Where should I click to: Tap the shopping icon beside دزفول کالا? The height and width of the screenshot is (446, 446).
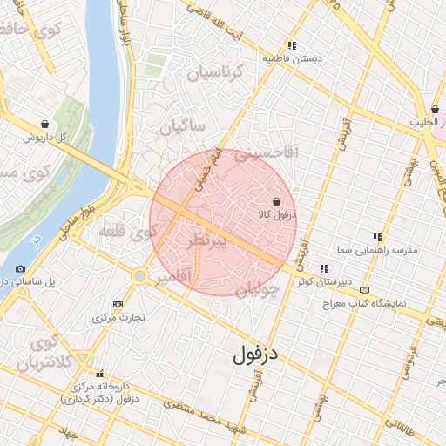coord(276,201)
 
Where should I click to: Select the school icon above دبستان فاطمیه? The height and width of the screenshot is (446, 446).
coord(292,45)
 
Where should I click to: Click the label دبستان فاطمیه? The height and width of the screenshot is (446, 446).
coord(293,58)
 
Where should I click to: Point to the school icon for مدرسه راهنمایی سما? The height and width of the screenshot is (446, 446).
coord(377,237)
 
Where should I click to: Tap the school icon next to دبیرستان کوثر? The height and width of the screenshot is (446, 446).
coord(324,269)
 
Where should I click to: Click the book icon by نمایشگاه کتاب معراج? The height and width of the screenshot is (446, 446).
coord(363,290)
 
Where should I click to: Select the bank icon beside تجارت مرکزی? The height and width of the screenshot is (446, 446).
coord(118,304)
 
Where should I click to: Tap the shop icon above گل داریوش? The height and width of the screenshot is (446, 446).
coord(44,125)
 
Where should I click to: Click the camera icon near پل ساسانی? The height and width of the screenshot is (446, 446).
coord(20,269)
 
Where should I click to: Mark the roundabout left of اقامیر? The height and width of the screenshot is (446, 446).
coord(138,276)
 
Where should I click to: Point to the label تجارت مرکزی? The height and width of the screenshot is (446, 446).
coord(118,318)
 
